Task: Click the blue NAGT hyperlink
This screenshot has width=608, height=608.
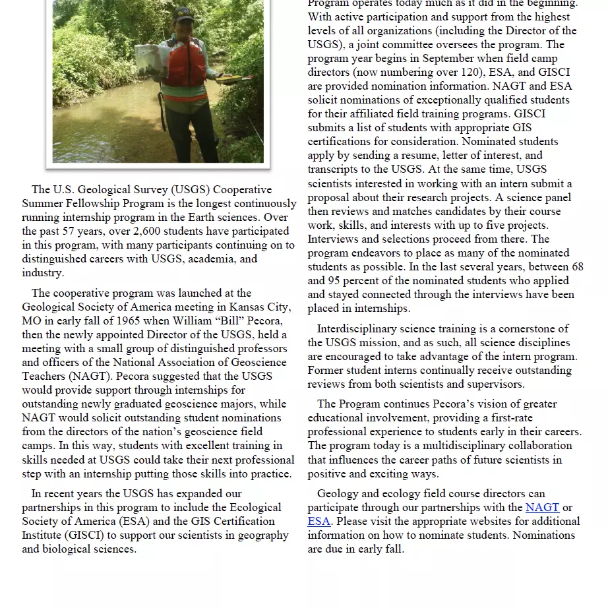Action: pos(542,507)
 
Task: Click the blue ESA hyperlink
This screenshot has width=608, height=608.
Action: pos(319,521)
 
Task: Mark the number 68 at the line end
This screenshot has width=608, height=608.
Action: pos(577,266)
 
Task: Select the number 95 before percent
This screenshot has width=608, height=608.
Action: pos(336,280)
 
